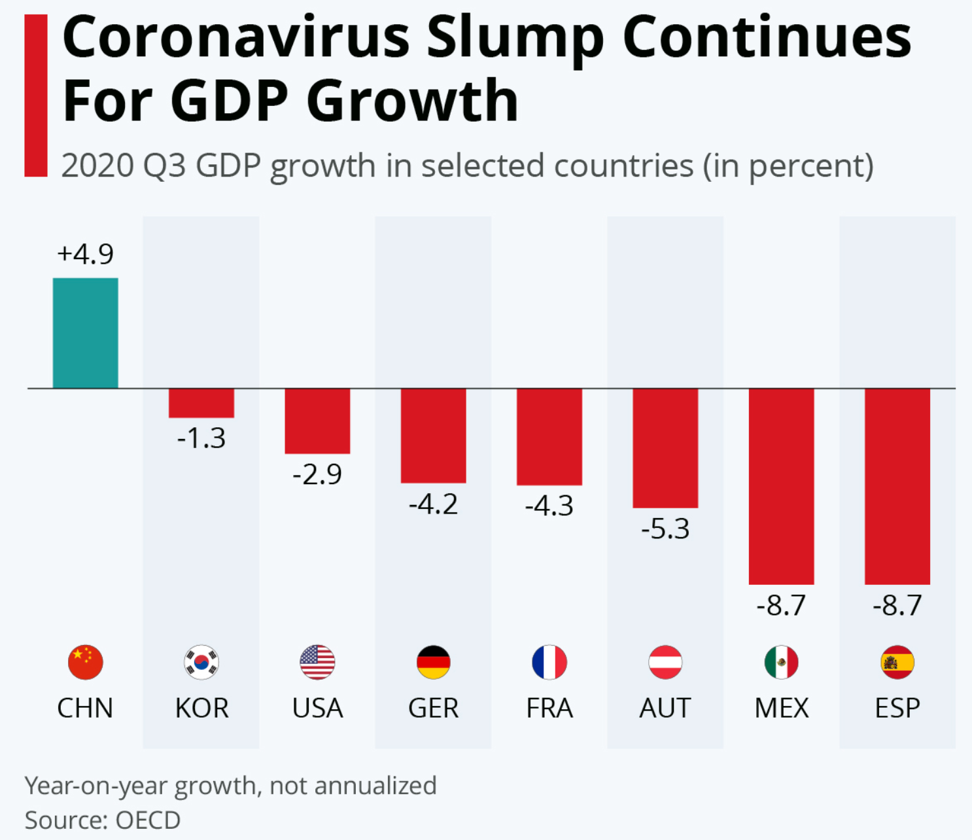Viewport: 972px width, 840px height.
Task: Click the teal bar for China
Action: pyautogui.click(x=85, y=333)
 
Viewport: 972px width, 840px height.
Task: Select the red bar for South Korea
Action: pyautogui.click(x=201, y=403)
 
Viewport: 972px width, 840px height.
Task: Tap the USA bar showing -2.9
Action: pyautogui.click(x=317, y=421)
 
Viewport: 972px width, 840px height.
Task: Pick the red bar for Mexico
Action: pyautogui.click(x=781, y=486)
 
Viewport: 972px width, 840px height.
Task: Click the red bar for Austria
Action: pyautogui.click(x=665, y=448)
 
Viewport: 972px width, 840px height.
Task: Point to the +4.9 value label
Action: pyautogui.click(x=85, y=254)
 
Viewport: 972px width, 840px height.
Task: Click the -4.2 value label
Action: pyautogui.click(x=433, y=504)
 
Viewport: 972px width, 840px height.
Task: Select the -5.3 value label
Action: pyautogui.click(x=665, y=529)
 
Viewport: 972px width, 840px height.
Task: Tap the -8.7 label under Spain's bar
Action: pyautogui.click(x=897, y=605)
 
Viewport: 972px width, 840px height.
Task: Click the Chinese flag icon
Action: pyautogui.click(x=85, y=662)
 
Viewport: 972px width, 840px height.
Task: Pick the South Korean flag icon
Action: pyautogui.click(x=201, y=662)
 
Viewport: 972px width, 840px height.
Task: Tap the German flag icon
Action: pyautogui.click(x=433, y=662)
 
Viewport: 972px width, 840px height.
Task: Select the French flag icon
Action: pyautogui.click(x=549, y=662)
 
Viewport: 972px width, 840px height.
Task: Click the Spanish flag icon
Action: pyautogui.click(x=897, y=662)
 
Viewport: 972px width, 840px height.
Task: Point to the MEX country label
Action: pyautogui.click(x=781, y=708)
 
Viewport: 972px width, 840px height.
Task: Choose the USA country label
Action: pyautogui.click(x=317, y=708)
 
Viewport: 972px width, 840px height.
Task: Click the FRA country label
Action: pyautogui.click(x=549, y=708)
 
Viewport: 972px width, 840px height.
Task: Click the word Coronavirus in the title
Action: pyautogui.click(x=236, y=38)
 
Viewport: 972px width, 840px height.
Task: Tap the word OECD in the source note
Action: pyautogui.click(x=148, y=820)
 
